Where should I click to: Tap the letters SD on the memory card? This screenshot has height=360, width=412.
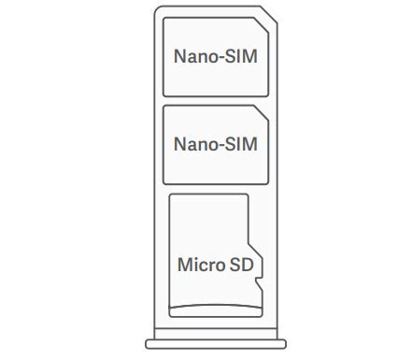(240, 264)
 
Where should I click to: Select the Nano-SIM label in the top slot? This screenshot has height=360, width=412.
(216, 56)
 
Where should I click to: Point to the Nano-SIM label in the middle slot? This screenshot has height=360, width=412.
(216, 145)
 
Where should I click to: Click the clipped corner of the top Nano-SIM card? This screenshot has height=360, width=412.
(263, 25)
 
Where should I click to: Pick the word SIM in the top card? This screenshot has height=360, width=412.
(242, 56)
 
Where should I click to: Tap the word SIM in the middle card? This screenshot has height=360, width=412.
(242, 145)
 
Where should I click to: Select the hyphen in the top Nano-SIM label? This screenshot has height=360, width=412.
(220, 57)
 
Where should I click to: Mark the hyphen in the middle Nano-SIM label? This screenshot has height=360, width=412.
(220, 146)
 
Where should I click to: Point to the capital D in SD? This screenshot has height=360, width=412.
(246, 264)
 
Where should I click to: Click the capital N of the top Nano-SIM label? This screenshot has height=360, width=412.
(179, 56)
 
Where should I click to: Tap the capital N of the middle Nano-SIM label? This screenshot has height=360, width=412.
(179, 145)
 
